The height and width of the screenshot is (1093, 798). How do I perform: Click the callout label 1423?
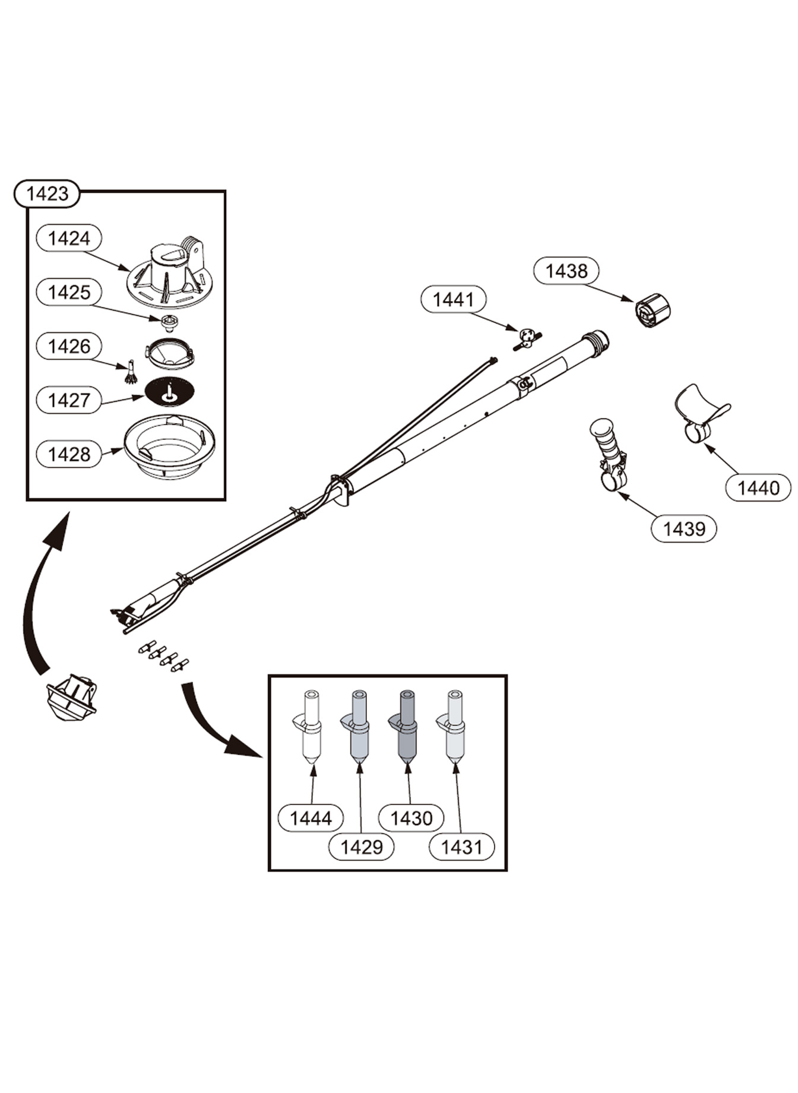47,194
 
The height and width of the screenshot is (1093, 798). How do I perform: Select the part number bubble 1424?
69,238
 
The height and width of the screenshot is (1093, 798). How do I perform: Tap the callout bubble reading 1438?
566,271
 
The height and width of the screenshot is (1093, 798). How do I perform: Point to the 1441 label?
454,299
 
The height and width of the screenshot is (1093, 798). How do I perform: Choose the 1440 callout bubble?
758,488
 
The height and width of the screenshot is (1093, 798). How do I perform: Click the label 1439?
683,528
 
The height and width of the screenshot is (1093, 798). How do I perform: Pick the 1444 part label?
311,818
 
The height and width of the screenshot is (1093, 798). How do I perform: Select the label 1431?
461,847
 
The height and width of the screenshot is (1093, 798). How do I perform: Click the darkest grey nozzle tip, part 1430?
407,727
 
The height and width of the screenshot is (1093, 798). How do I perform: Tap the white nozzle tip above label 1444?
311,727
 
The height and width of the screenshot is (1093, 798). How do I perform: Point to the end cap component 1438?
653,310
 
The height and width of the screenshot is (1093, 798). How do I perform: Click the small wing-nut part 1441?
527,339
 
